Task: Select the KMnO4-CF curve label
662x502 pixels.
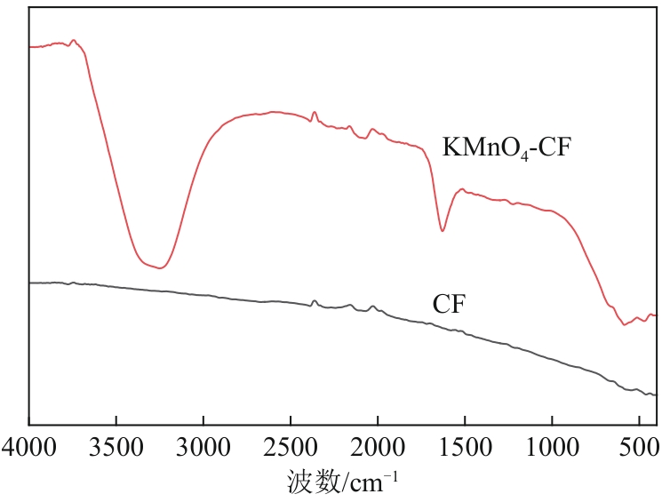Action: pos(505,147)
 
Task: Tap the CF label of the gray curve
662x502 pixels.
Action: pos(450,305)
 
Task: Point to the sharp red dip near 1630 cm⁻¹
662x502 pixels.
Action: pos(443,231)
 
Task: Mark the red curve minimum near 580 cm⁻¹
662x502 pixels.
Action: pos(625,324)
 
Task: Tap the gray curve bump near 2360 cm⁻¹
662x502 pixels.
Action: pos(315,301)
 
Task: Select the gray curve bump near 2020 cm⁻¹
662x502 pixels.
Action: pos(373,306)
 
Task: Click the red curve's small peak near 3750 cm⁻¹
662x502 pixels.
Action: pos(74,40)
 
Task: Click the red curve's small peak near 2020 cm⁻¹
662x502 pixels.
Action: pos(373,129)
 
